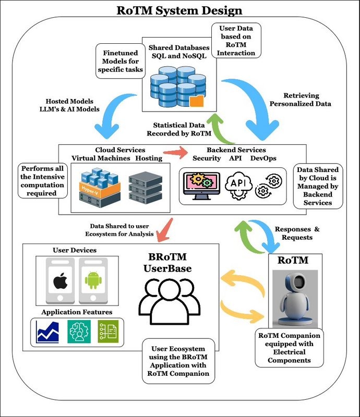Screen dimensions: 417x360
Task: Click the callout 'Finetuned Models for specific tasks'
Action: click(x=119, y=61)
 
